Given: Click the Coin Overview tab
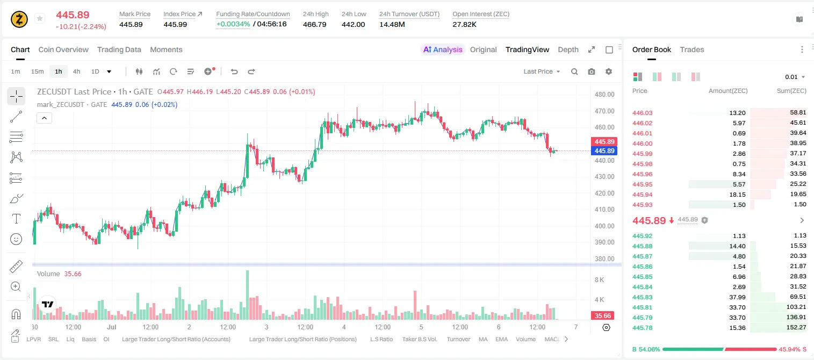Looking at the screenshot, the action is [63, 49].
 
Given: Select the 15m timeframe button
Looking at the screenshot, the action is [37, 71].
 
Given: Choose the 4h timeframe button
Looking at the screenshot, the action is [76, 71].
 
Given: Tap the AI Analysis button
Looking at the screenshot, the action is [443, 49].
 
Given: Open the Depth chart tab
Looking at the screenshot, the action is [568, 49].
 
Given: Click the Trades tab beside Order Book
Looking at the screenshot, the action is [692, 49].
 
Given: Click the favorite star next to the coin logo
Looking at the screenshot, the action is [40, 18].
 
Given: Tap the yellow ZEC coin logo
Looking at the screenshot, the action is [19, 19].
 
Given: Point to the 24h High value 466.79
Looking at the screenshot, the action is [315, 24].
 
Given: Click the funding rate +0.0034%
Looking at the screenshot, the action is [233, 24].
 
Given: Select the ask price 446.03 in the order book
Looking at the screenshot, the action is [642, 113].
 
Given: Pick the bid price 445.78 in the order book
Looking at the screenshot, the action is [642, 328].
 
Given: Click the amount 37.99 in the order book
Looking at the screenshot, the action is [737, 297].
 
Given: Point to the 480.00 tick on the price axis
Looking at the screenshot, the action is [604, 95].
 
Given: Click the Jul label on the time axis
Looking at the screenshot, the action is [112, 327].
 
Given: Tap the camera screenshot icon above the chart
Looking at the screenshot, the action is [592, 71].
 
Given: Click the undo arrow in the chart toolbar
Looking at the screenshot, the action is [234, 71].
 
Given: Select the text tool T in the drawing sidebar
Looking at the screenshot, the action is [16, 219].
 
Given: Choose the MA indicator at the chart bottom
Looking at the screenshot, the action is [483, 339].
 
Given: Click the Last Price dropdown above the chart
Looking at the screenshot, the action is [542, 71].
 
